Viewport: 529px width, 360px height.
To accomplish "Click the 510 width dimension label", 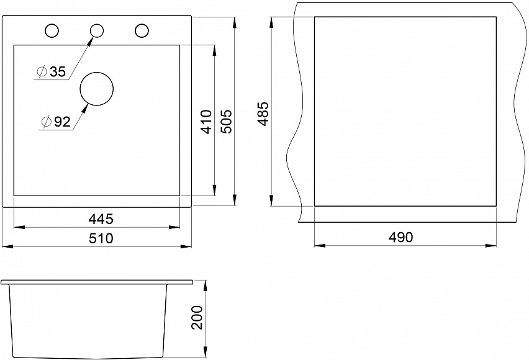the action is point(101,238).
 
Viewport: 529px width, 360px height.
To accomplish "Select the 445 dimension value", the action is point(101,219).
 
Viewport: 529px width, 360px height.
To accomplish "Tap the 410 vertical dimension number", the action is point(207,122).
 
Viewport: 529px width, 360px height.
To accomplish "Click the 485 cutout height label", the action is point(263,114).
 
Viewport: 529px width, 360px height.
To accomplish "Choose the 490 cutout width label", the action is point(400,237).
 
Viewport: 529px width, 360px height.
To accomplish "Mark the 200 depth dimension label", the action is point(197,318).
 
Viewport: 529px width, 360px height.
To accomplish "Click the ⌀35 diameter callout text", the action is point(52,71).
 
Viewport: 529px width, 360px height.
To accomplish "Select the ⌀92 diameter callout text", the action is point(56,122).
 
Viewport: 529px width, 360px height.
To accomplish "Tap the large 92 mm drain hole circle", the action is point(96,73).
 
